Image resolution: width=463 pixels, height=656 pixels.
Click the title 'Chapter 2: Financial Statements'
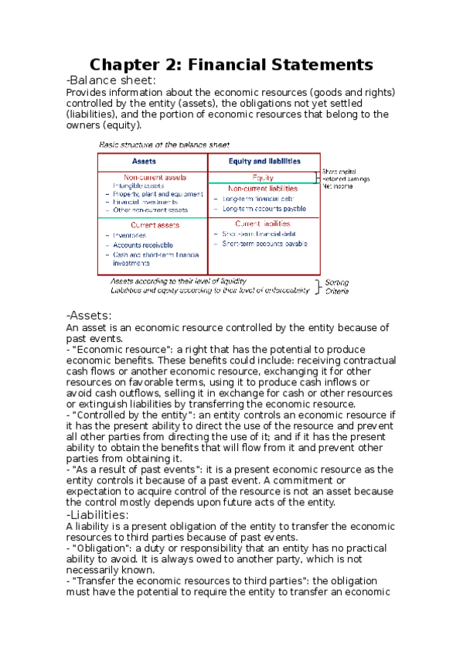point(232,64)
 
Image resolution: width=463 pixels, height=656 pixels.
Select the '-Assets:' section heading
point(89,315)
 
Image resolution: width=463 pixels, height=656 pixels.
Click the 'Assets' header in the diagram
point(145,162)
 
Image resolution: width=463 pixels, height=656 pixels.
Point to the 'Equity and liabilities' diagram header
point(264,162)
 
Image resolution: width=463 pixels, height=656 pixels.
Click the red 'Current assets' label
point(155,225)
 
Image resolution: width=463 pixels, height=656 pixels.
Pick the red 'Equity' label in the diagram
point(264,177)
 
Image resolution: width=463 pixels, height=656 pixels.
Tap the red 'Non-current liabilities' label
point(262,188)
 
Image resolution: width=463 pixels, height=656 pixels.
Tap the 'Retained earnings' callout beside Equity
point(346,179)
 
